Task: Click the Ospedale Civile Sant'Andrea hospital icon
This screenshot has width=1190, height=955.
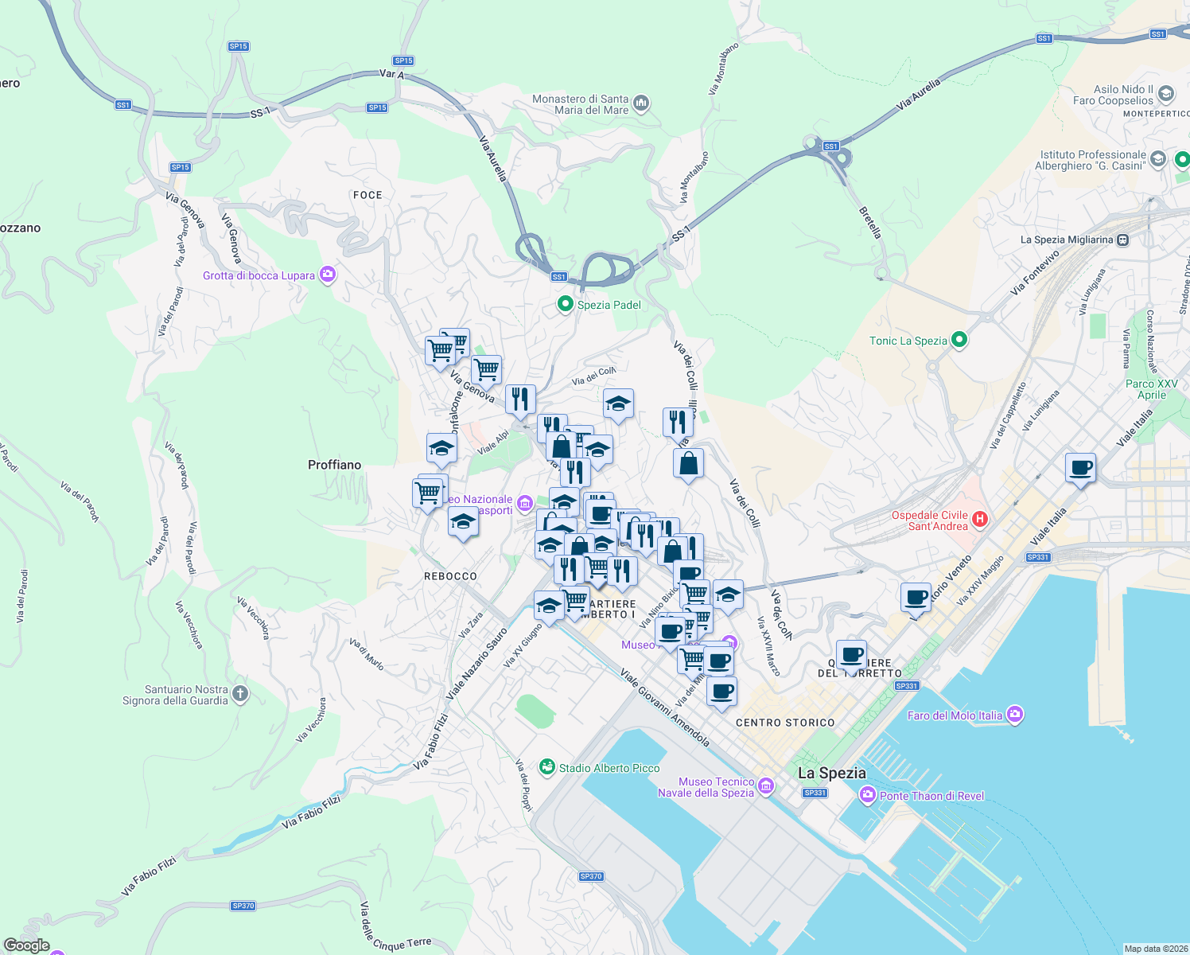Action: [980, 520]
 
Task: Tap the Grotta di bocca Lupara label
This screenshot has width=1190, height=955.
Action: [259, 275]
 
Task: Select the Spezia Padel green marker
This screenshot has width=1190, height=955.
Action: [566, 304]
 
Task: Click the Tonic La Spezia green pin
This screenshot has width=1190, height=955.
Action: [959, 341]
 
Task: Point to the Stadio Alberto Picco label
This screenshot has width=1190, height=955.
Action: [609, 768]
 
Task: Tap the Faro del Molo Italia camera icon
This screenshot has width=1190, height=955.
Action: [1014, 715]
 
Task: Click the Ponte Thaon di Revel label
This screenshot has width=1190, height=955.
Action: [931, 796]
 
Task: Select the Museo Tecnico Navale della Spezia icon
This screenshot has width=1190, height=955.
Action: [766, 786]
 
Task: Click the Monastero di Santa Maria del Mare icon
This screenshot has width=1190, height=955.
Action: [642, 103]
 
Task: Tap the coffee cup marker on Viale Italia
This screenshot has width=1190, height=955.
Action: [1080, 468]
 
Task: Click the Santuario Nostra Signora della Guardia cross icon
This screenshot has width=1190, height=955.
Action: [240, 694]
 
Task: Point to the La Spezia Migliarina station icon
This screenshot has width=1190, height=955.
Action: [1122, 240]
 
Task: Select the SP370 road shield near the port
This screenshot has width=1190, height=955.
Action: [590, 876]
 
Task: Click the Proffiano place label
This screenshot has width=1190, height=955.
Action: [334, 465]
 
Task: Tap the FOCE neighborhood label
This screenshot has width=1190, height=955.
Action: [367, 195]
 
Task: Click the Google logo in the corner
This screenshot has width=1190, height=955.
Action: [27, 945]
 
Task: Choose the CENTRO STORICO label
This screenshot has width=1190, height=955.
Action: [785, 723]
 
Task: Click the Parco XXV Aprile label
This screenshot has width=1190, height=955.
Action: [1151, 389]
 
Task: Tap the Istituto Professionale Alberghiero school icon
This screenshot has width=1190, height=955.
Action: [1157, 159]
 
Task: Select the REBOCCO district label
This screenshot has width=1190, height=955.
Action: [450, 576]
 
